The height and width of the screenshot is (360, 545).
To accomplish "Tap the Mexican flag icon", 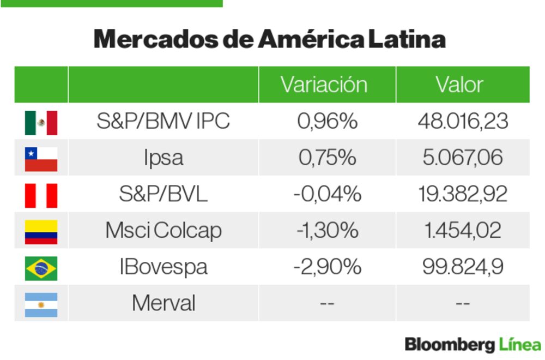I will pos(41,122).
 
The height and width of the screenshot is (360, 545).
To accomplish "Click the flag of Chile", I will pos(41,159).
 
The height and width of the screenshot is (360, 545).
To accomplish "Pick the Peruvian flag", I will pos(41,195).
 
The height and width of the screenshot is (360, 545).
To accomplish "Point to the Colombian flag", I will pos(41,231).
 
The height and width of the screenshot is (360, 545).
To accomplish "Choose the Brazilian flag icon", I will pos(41,268).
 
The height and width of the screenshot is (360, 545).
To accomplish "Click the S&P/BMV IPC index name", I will pos(163,121).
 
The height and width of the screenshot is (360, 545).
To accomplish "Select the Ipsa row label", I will pos(163,158).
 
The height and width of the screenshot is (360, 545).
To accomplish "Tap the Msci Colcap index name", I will pos(163,231).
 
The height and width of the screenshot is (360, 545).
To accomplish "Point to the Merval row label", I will pos(163,303).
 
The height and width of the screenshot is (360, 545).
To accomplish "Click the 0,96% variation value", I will pos(327,121).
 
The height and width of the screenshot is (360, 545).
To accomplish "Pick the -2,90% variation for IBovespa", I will pos(327,267).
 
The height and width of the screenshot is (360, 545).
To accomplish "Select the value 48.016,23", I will pos(463,121).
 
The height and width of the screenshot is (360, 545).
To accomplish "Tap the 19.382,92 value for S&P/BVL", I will pos(463,194).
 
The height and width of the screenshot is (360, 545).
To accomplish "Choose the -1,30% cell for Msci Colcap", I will pos(327,231).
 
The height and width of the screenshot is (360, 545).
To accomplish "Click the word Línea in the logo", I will pos(519,345).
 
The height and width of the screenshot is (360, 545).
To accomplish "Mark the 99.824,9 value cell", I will pos(463,267).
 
